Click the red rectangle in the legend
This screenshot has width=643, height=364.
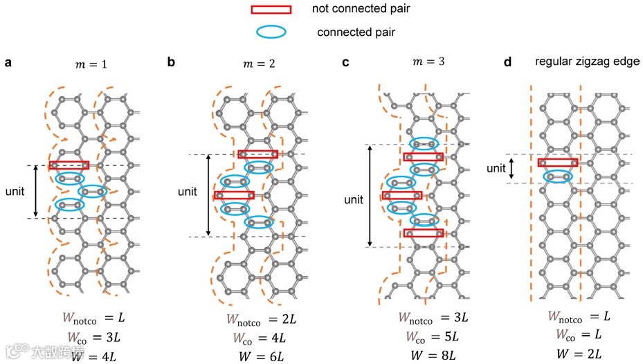[271, 9]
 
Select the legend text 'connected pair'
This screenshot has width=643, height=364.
[356, 32]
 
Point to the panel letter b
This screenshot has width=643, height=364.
[171, 63]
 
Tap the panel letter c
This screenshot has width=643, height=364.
[345, 63]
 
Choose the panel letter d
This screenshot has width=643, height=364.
[507, 63]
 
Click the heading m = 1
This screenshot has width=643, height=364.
[91, 66]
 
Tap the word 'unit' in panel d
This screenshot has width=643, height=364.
[496, 168]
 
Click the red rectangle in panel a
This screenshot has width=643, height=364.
[69, 165]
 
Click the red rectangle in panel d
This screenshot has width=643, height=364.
[558, 163]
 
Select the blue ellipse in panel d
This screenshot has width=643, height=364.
[557, 176]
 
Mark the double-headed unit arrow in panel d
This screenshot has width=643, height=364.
[511, 168]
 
